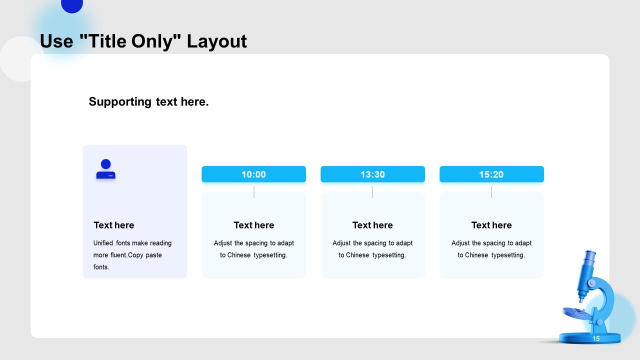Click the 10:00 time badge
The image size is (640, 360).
pyautogui.click(x=253, y=174)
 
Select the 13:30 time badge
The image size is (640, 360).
pyautogui.click(x=372, y=174)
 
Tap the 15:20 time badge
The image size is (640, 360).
pyautogui.click(x=491, y=174)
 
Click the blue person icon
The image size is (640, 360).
pyautogui.click(x=105, y=169)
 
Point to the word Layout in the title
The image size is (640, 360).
pyautogui.click(x=216, y=41)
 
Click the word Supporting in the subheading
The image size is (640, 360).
pyautogui.click(x=120, y=102)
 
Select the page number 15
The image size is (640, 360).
pyautogui.click(x=595, y=338)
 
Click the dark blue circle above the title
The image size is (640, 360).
pyautogui.click(x=72, y=5)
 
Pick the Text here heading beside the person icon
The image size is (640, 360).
pyautogui.click(x=113, y=225)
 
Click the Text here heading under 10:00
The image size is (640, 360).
pyautogui.click(x=253, y=225)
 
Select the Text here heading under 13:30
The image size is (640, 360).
pyautogui.click(x=372, y=225)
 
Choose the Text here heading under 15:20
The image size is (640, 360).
pyautogui.click(x=491, y=225)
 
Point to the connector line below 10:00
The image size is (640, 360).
pyautogui.click(x=253, y=191)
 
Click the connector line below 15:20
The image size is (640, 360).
pyautogui.click(x=491, y=191)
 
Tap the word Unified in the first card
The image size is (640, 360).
pyautogui.click(x=103, y=243)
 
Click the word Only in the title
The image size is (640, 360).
pyautogui.click(x=152, y=41)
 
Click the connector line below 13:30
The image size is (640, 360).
pyautogui.click(x=372, y=191)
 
